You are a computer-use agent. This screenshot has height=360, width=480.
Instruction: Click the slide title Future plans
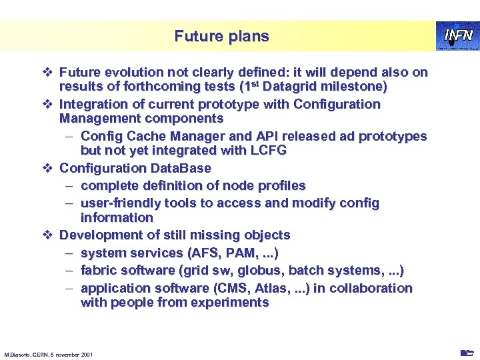pos(221,36)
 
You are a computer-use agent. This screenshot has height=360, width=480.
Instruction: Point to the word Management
pos(96,119)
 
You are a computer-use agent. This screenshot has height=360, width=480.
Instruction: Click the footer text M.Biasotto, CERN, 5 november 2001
pos(49,354)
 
